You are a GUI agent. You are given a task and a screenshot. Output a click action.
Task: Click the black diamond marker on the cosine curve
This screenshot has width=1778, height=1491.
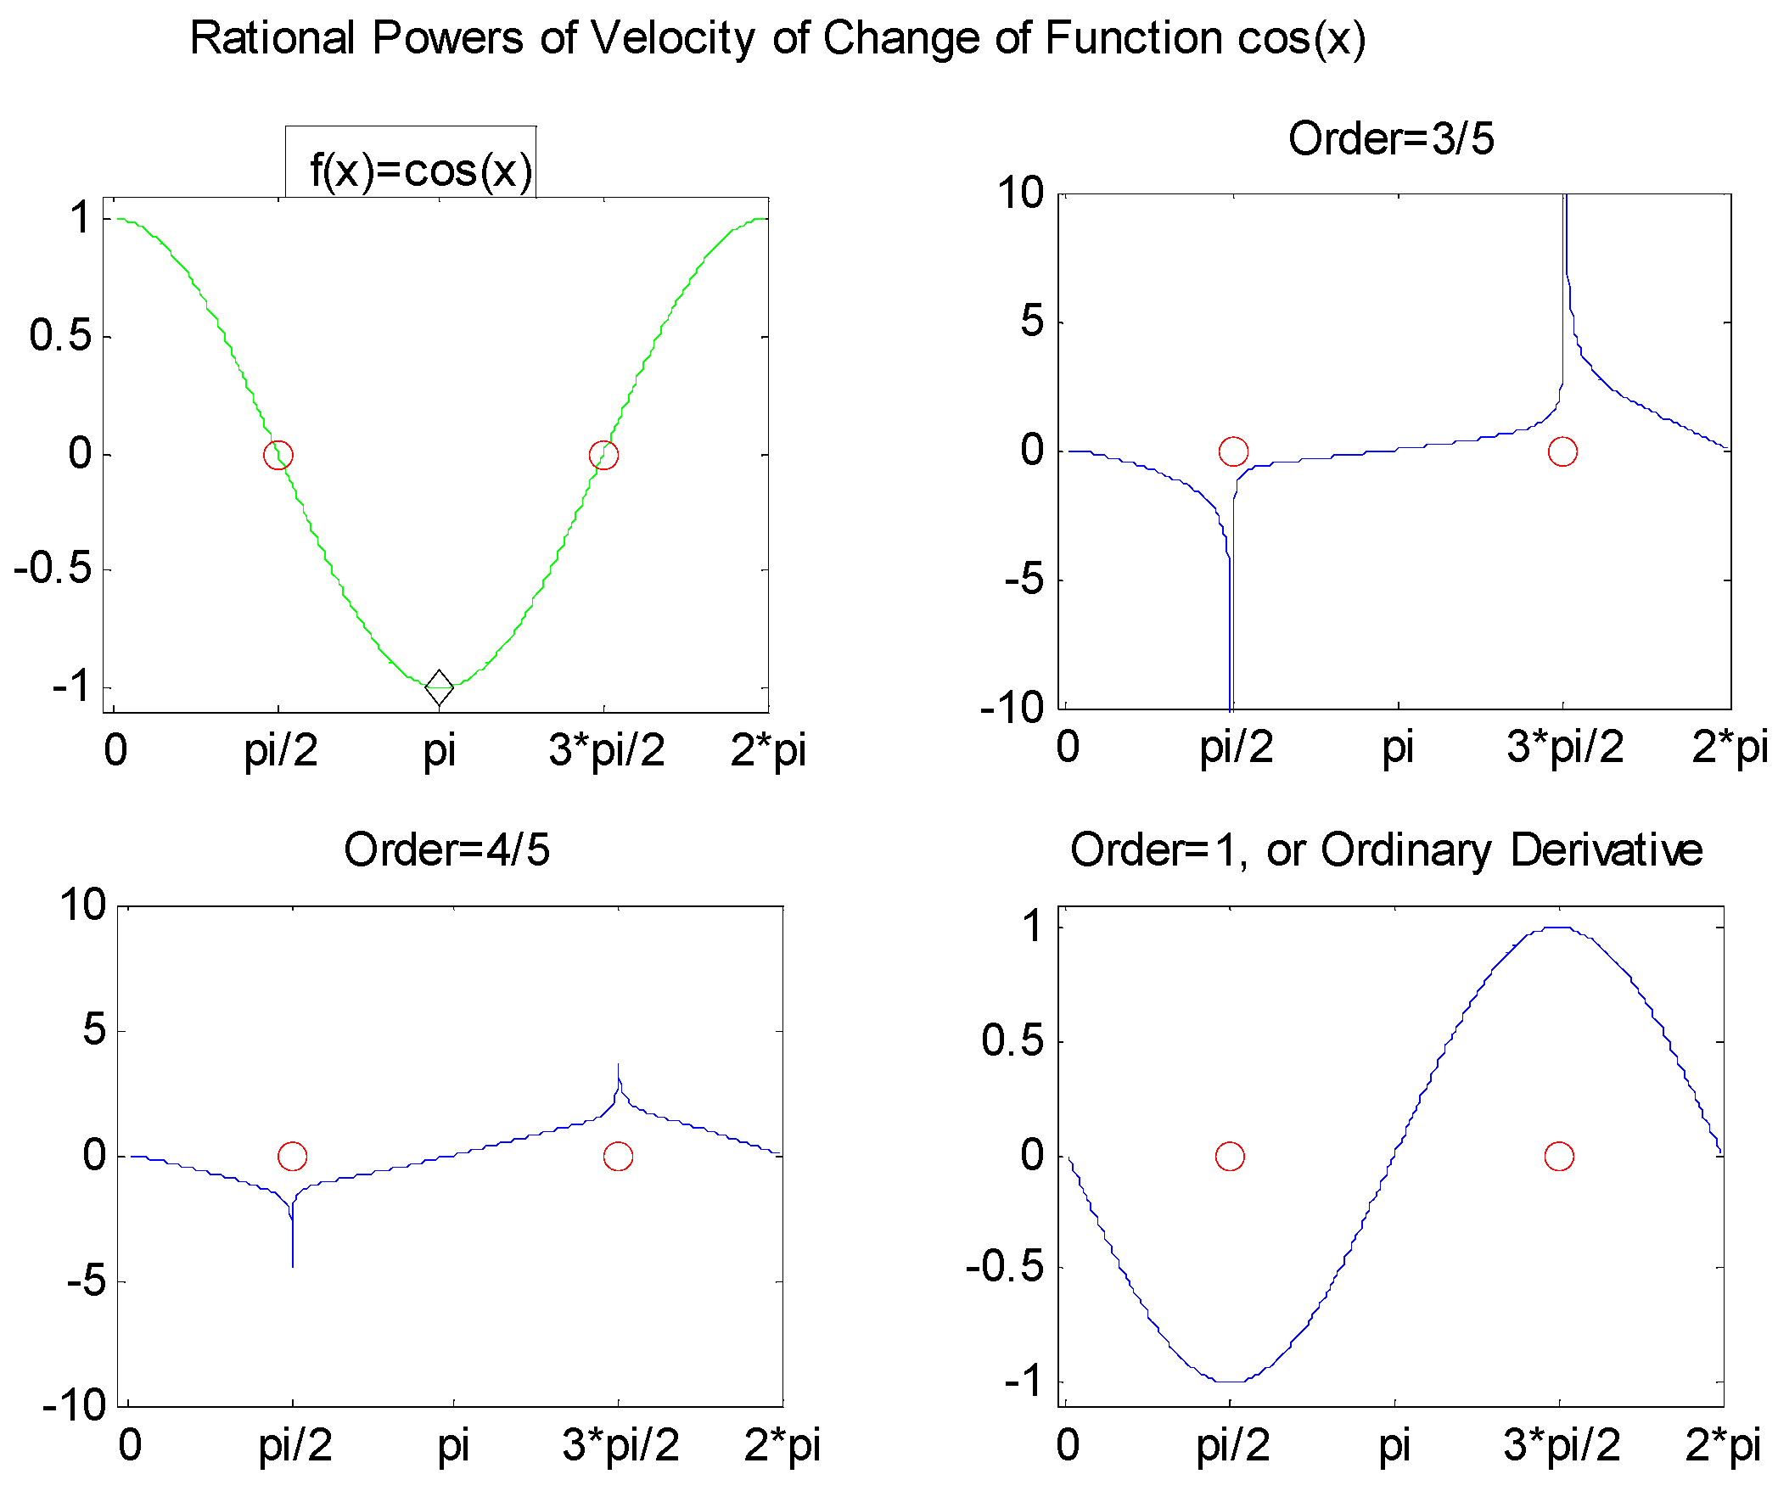tap(439, 687)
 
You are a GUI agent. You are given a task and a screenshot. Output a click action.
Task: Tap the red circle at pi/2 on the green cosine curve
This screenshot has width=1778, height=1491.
tap(278, 455)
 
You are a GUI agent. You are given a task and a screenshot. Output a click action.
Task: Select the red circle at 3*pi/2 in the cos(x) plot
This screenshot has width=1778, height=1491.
tap(603, 455)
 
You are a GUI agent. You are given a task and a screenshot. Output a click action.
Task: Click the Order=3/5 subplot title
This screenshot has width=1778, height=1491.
tap(1391, 138)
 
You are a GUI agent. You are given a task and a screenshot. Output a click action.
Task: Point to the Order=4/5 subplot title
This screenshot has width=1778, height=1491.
tap(446, 849)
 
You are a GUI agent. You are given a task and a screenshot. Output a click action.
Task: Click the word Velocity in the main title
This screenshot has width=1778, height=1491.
tap(672, 38)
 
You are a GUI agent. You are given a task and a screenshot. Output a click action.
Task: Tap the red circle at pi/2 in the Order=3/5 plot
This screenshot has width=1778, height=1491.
tap(1233, 451)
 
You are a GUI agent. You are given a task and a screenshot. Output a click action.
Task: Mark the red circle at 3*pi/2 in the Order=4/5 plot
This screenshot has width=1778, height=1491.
tap(618, 1156)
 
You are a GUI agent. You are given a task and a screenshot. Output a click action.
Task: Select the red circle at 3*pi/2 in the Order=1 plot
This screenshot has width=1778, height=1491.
tap(1559, 1156)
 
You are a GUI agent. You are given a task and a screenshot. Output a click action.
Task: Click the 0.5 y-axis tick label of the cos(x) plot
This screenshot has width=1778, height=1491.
tap(59, 336)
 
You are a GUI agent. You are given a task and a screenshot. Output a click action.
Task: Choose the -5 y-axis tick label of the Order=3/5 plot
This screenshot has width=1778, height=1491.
tap(1024, 581)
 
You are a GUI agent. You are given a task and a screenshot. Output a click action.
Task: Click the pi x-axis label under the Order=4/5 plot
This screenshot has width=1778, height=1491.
tap(453, 1445)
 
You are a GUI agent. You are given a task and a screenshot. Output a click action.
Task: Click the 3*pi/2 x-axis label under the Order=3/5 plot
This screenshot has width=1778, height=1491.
tap(1564, 748)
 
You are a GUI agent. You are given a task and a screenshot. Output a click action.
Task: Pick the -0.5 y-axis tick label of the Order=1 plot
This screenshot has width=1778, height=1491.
tap(1005, 1268)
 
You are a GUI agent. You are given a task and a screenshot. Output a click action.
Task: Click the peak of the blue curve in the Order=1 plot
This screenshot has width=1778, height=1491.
tap(1559, 927)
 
